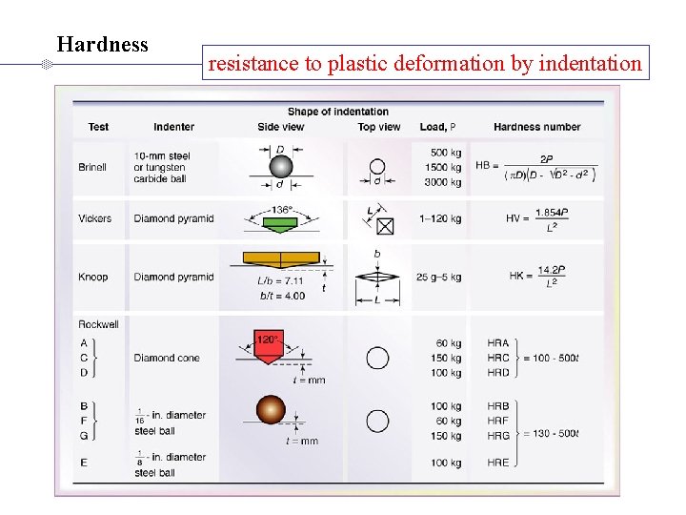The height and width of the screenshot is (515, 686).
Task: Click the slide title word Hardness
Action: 102,45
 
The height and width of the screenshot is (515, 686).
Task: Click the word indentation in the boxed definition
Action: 590,64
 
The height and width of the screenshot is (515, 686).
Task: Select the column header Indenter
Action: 173,127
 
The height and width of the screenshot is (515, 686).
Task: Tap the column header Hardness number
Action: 536,127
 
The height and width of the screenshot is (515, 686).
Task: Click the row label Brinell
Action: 92,168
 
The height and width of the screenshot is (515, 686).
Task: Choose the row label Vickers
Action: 94,218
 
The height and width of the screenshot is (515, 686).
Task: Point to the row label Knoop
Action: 93,278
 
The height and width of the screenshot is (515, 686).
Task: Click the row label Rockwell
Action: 98,324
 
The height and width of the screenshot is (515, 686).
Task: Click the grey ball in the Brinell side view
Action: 280,165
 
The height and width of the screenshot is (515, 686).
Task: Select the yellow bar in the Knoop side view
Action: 280,257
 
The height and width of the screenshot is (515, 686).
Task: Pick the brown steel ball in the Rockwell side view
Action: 271,410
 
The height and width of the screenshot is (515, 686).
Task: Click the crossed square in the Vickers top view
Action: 385,226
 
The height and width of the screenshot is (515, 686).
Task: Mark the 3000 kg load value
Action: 443,182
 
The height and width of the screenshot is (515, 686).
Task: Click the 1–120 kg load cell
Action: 440,218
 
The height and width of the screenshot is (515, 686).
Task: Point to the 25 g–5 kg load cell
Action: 438,278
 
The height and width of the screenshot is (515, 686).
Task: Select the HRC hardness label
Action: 497,358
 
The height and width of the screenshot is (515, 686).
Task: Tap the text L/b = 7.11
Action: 281,281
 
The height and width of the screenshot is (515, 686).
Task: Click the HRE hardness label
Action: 497,463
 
